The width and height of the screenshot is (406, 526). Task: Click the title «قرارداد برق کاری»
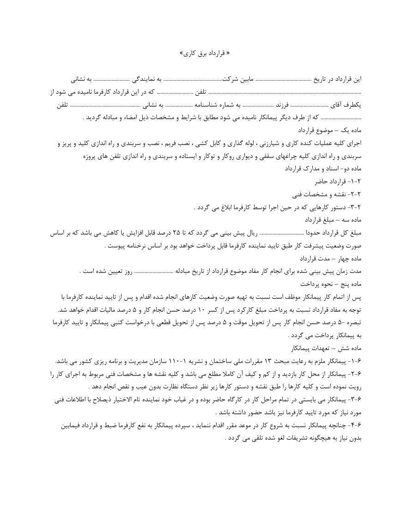pyautogui.click(x=203, y=54)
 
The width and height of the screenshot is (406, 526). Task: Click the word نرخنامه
pyautogui.click(x=131, y=246)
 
